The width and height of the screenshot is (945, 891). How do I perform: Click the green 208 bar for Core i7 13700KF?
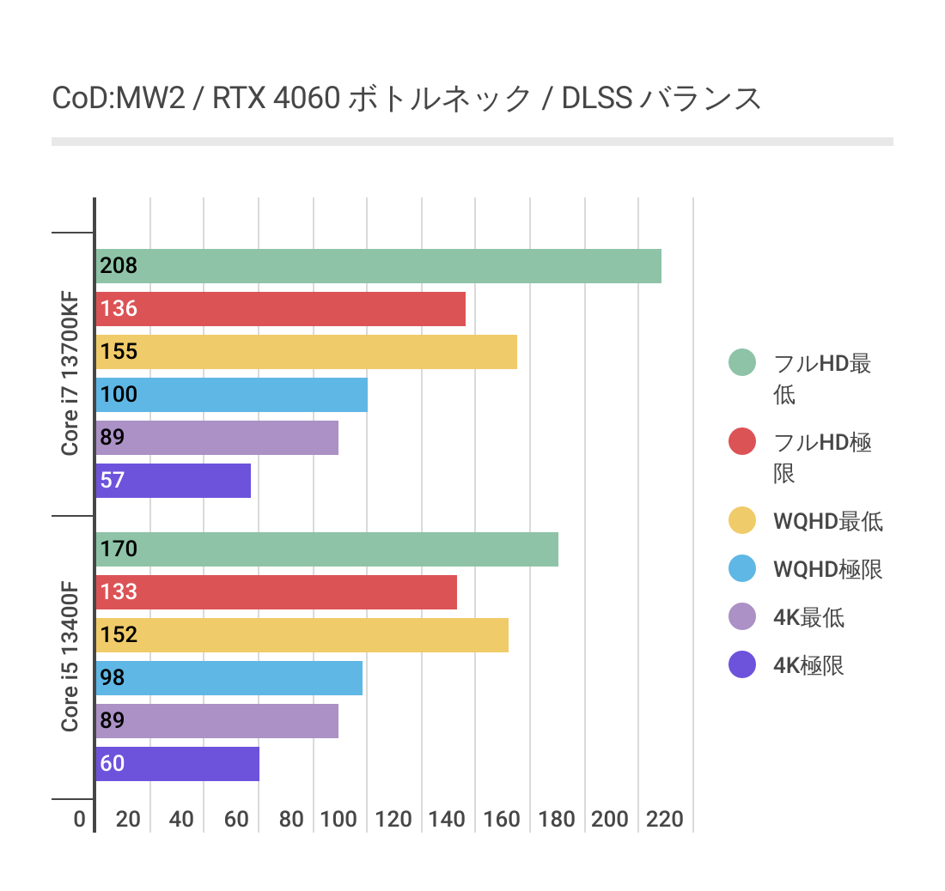click(x=378, y=266)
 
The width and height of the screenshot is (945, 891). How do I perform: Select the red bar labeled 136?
click(x=280, y=309)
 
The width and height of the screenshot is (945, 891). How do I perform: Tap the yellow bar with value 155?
click(x=306, y=352)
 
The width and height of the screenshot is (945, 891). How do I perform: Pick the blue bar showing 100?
click(x=231, y=395)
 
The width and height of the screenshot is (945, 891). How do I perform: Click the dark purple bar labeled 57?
click(x=173, y=481)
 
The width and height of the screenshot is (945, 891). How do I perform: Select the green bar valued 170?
click(x=326, y=549)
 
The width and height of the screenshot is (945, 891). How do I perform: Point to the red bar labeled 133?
click(x=276, y=592)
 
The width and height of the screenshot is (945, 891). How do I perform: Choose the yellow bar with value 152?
click(x=302, y=635)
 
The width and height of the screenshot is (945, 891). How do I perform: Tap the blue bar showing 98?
click(x=229, y=678)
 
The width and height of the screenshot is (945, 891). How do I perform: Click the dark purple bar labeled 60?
click(x=177, y=764)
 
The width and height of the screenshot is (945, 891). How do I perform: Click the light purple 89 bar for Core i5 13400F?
click(x=216, y=721)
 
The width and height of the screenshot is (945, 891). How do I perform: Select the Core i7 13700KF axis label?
click(x=70, y=373)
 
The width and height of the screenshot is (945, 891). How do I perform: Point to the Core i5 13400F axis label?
click(x=70, y=657)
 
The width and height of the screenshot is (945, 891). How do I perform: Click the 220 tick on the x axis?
click(x=665, y=819)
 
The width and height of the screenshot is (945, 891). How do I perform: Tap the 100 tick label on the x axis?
click(x=338, y=819)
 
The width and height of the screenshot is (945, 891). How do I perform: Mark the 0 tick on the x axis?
click(x=80, y=819)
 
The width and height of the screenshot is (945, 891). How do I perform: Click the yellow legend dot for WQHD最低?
click(x=741, y=521)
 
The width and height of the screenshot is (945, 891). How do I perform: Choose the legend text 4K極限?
click(x=808, y=665)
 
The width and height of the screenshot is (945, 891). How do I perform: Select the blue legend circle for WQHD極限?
click(x=741, y=569)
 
